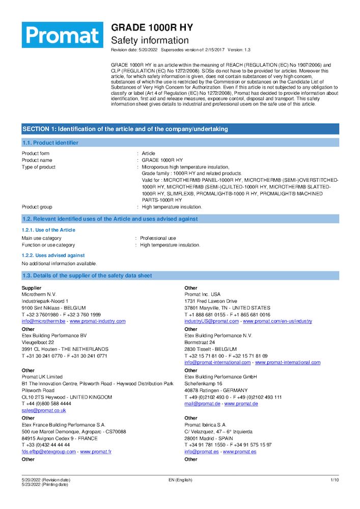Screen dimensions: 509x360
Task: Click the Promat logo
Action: click(62, 35)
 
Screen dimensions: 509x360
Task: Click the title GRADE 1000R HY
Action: click(152, 27)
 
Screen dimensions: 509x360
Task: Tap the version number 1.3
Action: click(247, 50)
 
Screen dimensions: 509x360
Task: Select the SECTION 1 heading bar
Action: click(180, 129)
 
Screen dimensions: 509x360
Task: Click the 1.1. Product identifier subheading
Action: click(50, 143)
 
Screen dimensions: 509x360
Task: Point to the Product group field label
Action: click(37, 207)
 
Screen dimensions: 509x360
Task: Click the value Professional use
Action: click(158, 238)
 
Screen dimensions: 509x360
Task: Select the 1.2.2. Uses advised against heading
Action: click(53, 255)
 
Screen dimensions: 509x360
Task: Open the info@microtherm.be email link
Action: click(43, 321)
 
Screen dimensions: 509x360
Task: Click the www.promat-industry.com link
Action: click(97, 321)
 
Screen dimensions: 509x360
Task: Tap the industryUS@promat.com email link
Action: click(211, 321)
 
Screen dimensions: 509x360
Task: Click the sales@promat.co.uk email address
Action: click(44, 410)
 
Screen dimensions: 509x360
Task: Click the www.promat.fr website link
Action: click(96, 451)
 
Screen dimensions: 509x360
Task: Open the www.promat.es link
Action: click(239, 451)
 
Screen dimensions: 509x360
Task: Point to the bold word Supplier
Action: click(31, 288)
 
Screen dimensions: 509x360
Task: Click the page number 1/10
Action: click(335, 480)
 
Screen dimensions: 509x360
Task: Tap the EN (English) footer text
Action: click(180, 480)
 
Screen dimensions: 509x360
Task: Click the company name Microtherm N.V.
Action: click(39, 294)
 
